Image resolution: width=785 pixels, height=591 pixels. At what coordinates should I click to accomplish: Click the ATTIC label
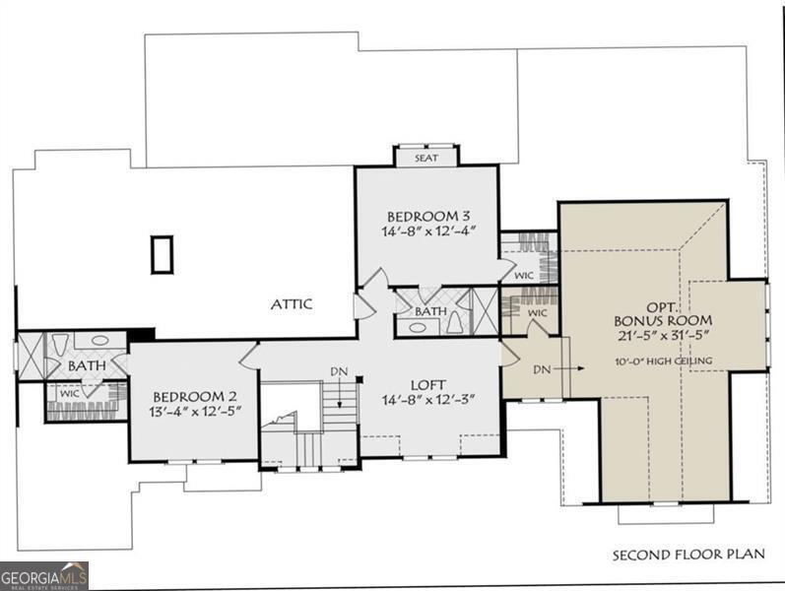tap(292, 304)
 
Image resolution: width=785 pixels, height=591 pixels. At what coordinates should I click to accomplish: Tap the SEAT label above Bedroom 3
tap(426, 158)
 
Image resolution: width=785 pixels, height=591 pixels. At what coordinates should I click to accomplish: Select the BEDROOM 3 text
tap(429, 217)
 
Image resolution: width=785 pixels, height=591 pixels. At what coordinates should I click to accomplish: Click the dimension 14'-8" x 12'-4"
tap(429, 230)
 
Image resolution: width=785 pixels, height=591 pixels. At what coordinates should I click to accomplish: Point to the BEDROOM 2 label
tap(195, 397)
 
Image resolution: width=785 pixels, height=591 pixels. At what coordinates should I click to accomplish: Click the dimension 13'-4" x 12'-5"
tap(195, 411)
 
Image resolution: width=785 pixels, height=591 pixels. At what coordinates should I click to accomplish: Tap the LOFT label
tap(428, 385)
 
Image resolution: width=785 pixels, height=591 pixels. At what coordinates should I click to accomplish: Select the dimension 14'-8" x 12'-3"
tap(428, 399)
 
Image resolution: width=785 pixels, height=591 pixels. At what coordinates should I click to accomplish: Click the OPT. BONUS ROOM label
tap(663, 313)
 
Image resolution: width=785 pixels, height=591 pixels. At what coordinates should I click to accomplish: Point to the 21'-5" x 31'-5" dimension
tap(663, 335)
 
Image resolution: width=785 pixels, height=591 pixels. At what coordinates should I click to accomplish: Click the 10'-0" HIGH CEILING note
tap(664, 361)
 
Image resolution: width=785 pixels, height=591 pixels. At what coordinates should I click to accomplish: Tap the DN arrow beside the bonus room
tap(574, 368)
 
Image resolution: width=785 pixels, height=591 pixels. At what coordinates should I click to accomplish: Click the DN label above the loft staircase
tap(339, 371)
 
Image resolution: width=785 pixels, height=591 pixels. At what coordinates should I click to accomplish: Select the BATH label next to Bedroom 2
tap(87, 365)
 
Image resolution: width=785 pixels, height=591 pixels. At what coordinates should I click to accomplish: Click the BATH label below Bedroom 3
tap(430, 311)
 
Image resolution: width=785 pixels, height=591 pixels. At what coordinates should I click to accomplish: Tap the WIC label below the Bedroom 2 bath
tap(70, 394)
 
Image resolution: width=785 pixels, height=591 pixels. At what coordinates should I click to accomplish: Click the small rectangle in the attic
tap(162, 254)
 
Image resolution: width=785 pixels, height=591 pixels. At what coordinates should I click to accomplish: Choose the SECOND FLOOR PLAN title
tap(688, 555)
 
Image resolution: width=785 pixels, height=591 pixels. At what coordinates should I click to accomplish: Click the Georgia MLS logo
tap(44, 575)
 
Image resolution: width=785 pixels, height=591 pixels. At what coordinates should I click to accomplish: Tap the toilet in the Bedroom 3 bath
tap(455, 322)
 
